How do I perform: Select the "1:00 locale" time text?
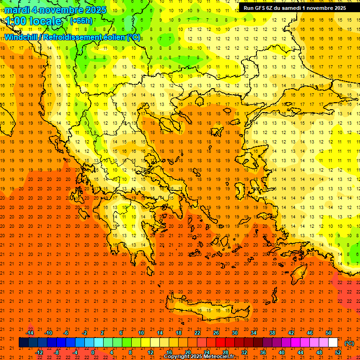(x=34, y=21)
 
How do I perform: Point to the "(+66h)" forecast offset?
(x=81, y=21)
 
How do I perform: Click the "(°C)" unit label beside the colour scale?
(x=349, y=343)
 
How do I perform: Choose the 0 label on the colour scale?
(x=93, y=352)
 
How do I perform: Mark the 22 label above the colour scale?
(x=197, y=333)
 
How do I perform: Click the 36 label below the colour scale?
(x=262, y=352)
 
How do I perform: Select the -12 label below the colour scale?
(x=39, y=352)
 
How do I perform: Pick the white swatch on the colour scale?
(x=333, y=343)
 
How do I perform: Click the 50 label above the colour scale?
(x=329, y=333)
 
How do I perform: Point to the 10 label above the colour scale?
(x=141, y=333)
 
